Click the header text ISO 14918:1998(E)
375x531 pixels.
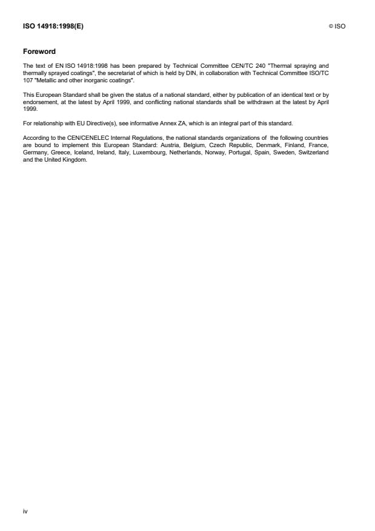pyautogui.click(x=53, y=26)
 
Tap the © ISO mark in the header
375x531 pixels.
pyautogui.click(x=337, y=26)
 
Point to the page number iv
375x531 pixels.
pyautogui.click(x=25, y=511)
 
